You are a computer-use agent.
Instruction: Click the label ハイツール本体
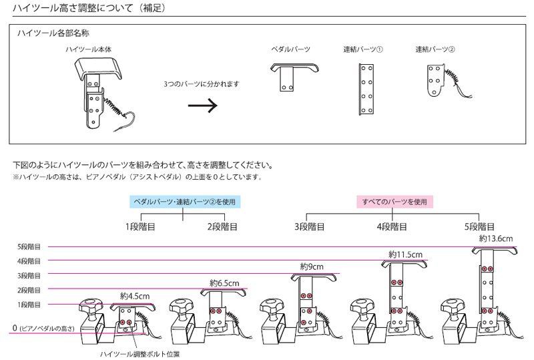pyautogui.click(x=87, y=49)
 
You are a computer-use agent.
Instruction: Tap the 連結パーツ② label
pyautogui.click(x=435, y=49)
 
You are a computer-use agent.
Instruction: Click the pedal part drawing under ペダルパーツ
pyautogui.click(x=293, y=75)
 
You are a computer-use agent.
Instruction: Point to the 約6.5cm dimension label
pyautogui.click(x=224, y=282)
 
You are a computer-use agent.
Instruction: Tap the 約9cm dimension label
pyautogui.click(x=312, y=267)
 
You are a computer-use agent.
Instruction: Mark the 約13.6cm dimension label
pyautogui.click(x=496, y=238)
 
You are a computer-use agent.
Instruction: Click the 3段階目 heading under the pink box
pyautogui.click(x=310, y=226)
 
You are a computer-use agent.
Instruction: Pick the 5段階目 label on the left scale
pyautogui.click(x=29, y=246)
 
